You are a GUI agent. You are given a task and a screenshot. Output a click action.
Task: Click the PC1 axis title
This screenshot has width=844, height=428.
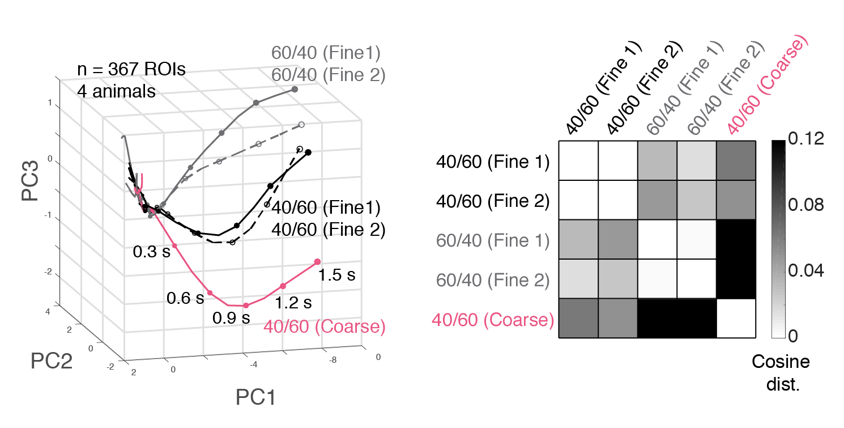[255, 398]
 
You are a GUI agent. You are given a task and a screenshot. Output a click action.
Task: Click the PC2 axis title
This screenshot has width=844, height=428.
[52, 361]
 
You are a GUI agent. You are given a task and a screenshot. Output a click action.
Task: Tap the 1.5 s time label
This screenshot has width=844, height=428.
[336, 276]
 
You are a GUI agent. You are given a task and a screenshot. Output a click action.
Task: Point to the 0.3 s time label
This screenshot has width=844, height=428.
[151, 252]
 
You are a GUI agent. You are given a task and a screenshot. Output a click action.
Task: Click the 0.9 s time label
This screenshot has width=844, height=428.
[231, 318]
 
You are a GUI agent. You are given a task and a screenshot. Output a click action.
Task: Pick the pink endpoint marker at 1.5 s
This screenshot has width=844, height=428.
[317, 261]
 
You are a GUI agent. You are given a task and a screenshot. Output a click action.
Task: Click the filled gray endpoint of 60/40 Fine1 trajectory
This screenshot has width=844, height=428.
[295, 90]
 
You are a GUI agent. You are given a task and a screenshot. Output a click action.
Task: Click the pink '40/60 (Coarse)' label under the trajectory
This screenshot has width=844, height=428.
[325, 328]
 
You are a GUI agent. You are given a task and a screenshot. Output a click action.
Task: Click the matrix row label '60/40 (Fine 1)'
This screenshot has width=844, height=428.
[493, 240]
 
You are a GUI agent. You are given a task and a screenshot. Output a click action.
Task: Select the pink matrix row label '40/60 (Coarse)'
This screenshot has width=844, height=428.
[493, 320]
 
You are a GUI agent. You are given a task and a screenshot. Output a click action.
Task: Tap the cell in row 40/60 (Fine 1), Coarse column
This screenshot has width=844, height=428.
[736, 161]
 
